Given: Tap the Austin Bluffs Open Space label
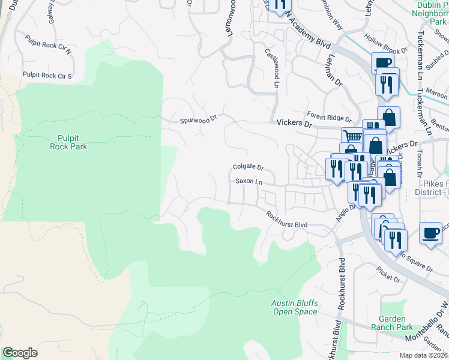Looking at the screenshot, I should pyautogui.click(x=294, y=307).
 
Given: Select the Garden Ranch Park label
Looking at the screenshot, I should pyautogui.click(x=396, y=323).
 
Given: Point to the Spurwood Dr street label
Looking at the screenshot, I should pyautogui.click(x=197, y=121).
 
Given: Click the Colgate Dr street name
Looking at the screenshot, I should pyautogui.click(x=249, y=167).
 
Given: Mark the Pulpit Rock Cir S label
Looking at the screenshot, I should pyautogui.click(x=47, y=76).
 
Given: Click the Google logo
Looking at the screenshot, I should pyautogui.click(x=20, y=353).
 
